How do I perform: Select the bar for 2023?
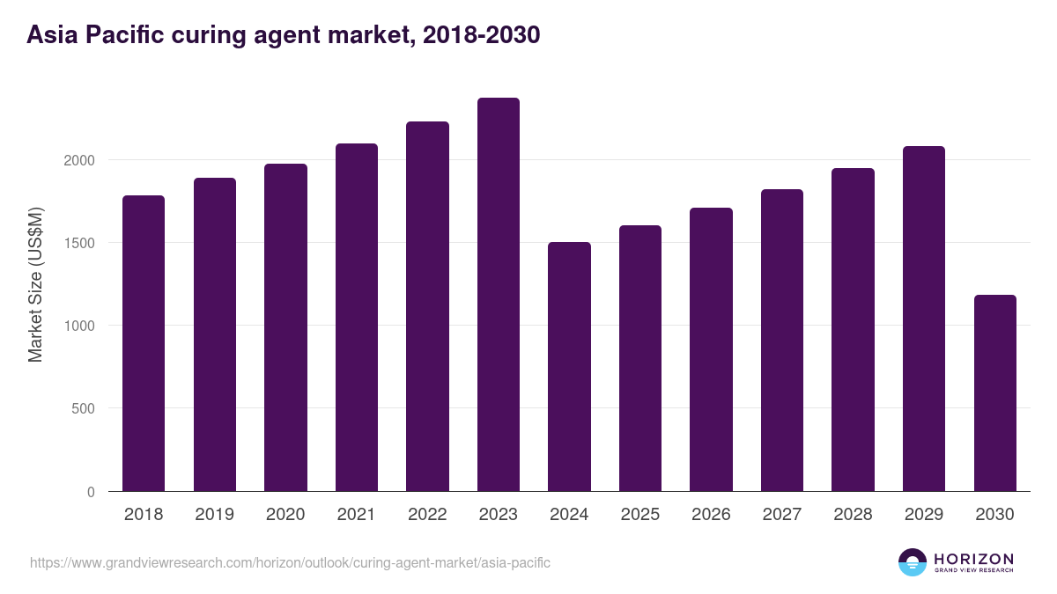click(x=499, y=295)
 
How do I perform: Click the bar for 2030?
click(x=994, y=393)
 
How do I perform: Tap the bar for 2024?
click(x=569, y=367)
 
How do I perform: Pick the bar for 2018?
click(x=144, y=343)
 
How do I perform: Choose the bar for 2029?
click(x=924, y=319)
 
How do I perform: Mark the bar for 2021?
click(x=357, y=318)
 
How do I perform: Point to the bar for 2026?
click(x=711, y=349)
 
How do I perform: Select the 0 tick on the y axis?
click(x=90, y=492)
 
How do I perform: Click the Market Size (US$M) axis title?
click(x=35, y=284)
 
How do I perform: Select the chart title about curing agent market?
click(x=283, y=35)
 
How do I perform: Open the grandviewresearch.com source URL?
click(x=290, y=562)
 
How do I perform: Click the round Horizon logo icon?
click(x=913, y=562)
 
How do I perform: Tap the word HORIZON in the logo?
click(x=973, y=559)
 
